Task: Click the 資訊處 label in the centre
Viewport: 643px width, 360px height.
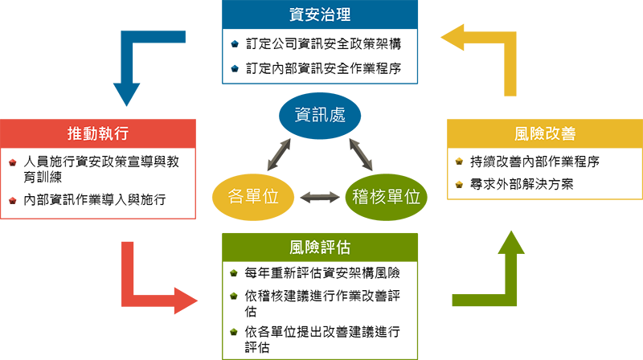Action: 320,115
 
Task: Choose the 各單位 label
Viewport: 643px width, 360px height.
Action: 253,196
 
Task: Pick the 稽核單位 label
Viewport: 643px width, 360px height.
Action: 386,196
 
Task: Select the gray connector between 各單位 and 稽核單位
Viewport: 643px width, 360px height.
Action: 320,192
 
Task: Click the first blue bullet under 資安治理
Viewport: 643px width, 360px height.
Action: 232,44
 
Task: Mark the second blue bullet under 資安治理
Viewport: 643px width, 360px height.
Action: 232,67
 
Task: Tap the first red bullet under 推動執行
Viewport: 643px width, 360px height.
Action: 10,166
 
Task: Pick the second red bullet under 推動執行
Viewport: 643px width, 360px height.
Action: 10,198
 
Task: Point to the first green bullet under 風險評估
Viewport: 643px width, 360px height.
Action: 233,274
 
